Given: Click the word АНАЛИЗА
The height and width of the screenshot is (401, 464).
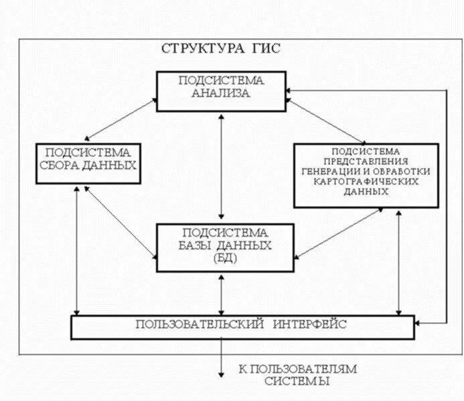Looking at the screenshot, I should [x=221, y=94].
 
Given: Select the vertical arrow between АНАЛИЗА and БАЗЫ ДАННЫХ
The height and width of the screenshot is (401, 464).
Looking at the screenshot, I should [x=221, y=167].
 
